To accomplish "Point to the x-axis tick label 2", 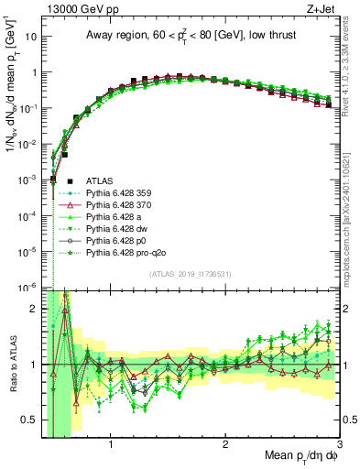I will [x=225, y=446].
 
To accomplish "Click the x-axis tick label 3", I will [x=339, y=446].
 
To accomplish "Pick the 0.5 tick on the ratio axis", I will [x=29, y=420].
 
